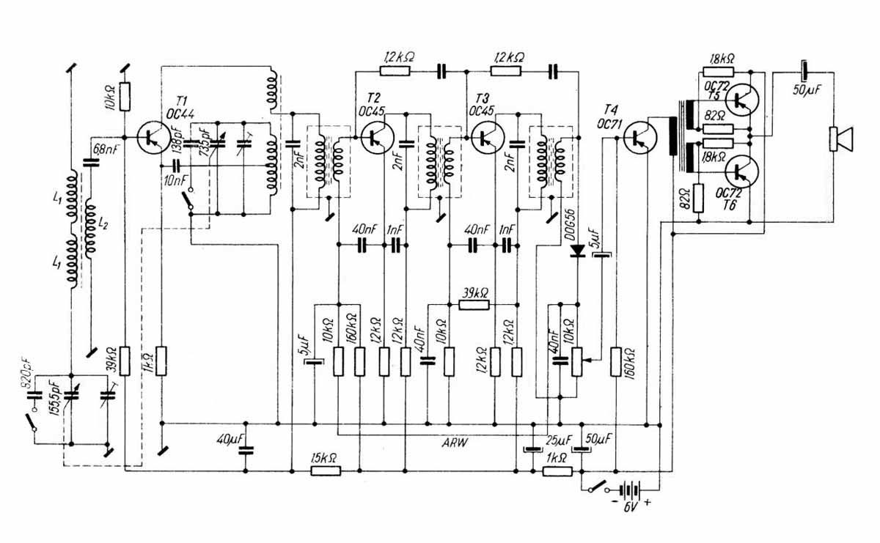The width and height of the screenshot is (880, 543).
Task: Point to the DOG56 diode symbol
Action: pos(578,252)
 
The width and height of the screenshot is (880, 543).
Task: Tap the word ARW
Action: pos(456,443)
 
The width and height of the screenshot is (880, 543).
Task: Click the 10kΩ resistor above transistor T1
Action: pos(125,94)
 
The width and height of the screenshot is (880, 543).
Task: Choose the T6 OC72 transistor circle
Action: pos(744,172)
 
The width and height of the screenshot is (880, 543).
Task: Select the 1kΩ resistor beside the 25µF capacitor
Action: pos(557,470)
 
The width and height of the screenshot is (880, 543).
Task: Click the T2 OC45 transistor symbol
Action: pos(377,136)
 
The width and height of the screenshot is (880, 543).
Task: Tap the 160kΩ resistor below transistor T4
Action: pos(616,361)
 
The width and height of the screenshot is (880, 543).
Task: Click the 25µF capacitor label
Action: pos(558,441)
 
